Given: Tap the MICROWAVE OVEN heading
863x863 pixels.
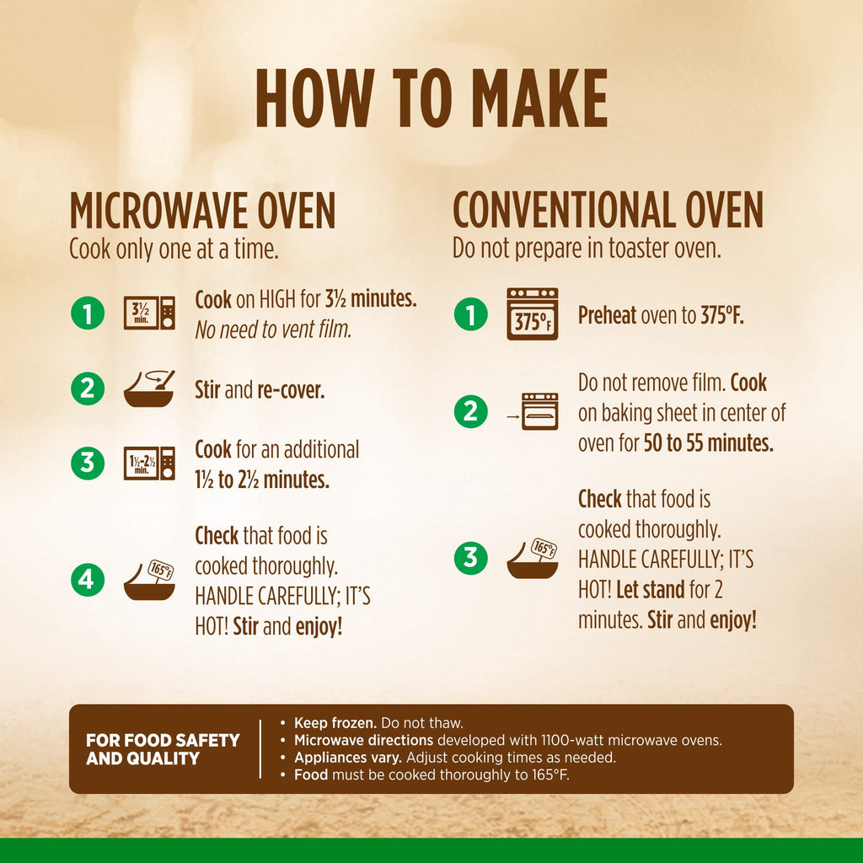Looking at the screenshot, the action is coord(202,210).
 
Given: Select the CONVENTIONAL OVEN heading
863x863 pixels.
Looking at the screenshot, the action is coord(608,210).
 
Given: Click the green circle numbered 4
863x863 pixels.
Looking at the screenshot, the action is coord(88,580).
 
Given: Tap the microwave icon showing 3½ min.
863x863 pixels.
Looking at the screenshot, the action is coord(149,313).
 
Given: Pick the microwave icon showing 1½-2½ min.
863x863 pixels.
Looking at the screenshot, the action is coord(149,464).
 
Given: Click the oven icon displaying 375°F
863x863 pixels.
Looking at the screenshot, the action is coord(533,314).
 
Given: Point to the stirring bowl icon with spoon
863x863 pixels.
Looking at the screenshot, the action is coord(149,389).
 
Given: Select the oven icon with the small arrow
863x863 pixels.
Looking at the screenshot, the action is coord(533,411).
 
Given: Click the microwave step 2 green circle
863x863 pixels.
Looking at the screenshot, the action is coord(88,389).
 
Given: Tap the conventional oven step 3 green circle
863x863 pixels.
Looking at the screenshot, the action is coord(470,558).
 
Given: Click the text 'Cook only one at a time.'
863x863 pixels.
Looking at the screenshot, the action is coord(174,249).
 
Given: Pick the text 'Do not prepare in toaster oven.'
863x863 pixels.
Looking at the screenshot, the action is coord(587,249).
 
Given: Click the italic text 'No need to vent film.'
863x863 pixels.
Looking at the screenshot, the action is coord(274,330).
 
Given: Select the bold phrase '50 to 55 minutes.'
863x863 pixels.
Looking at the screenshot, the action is coord(708,443).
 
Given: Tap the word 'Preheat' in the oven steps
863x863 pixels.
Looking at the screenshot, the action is coord(607,315).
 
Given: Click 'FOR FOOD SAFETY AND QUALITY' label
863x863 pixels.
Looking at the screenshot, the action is coord(163,749).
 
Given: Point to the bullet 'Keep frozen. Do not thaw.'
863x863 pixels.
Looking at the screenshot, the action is coord(378,722).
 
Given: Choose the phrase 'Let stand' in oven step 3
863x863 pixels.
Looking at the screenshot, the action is coord(651,589).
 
